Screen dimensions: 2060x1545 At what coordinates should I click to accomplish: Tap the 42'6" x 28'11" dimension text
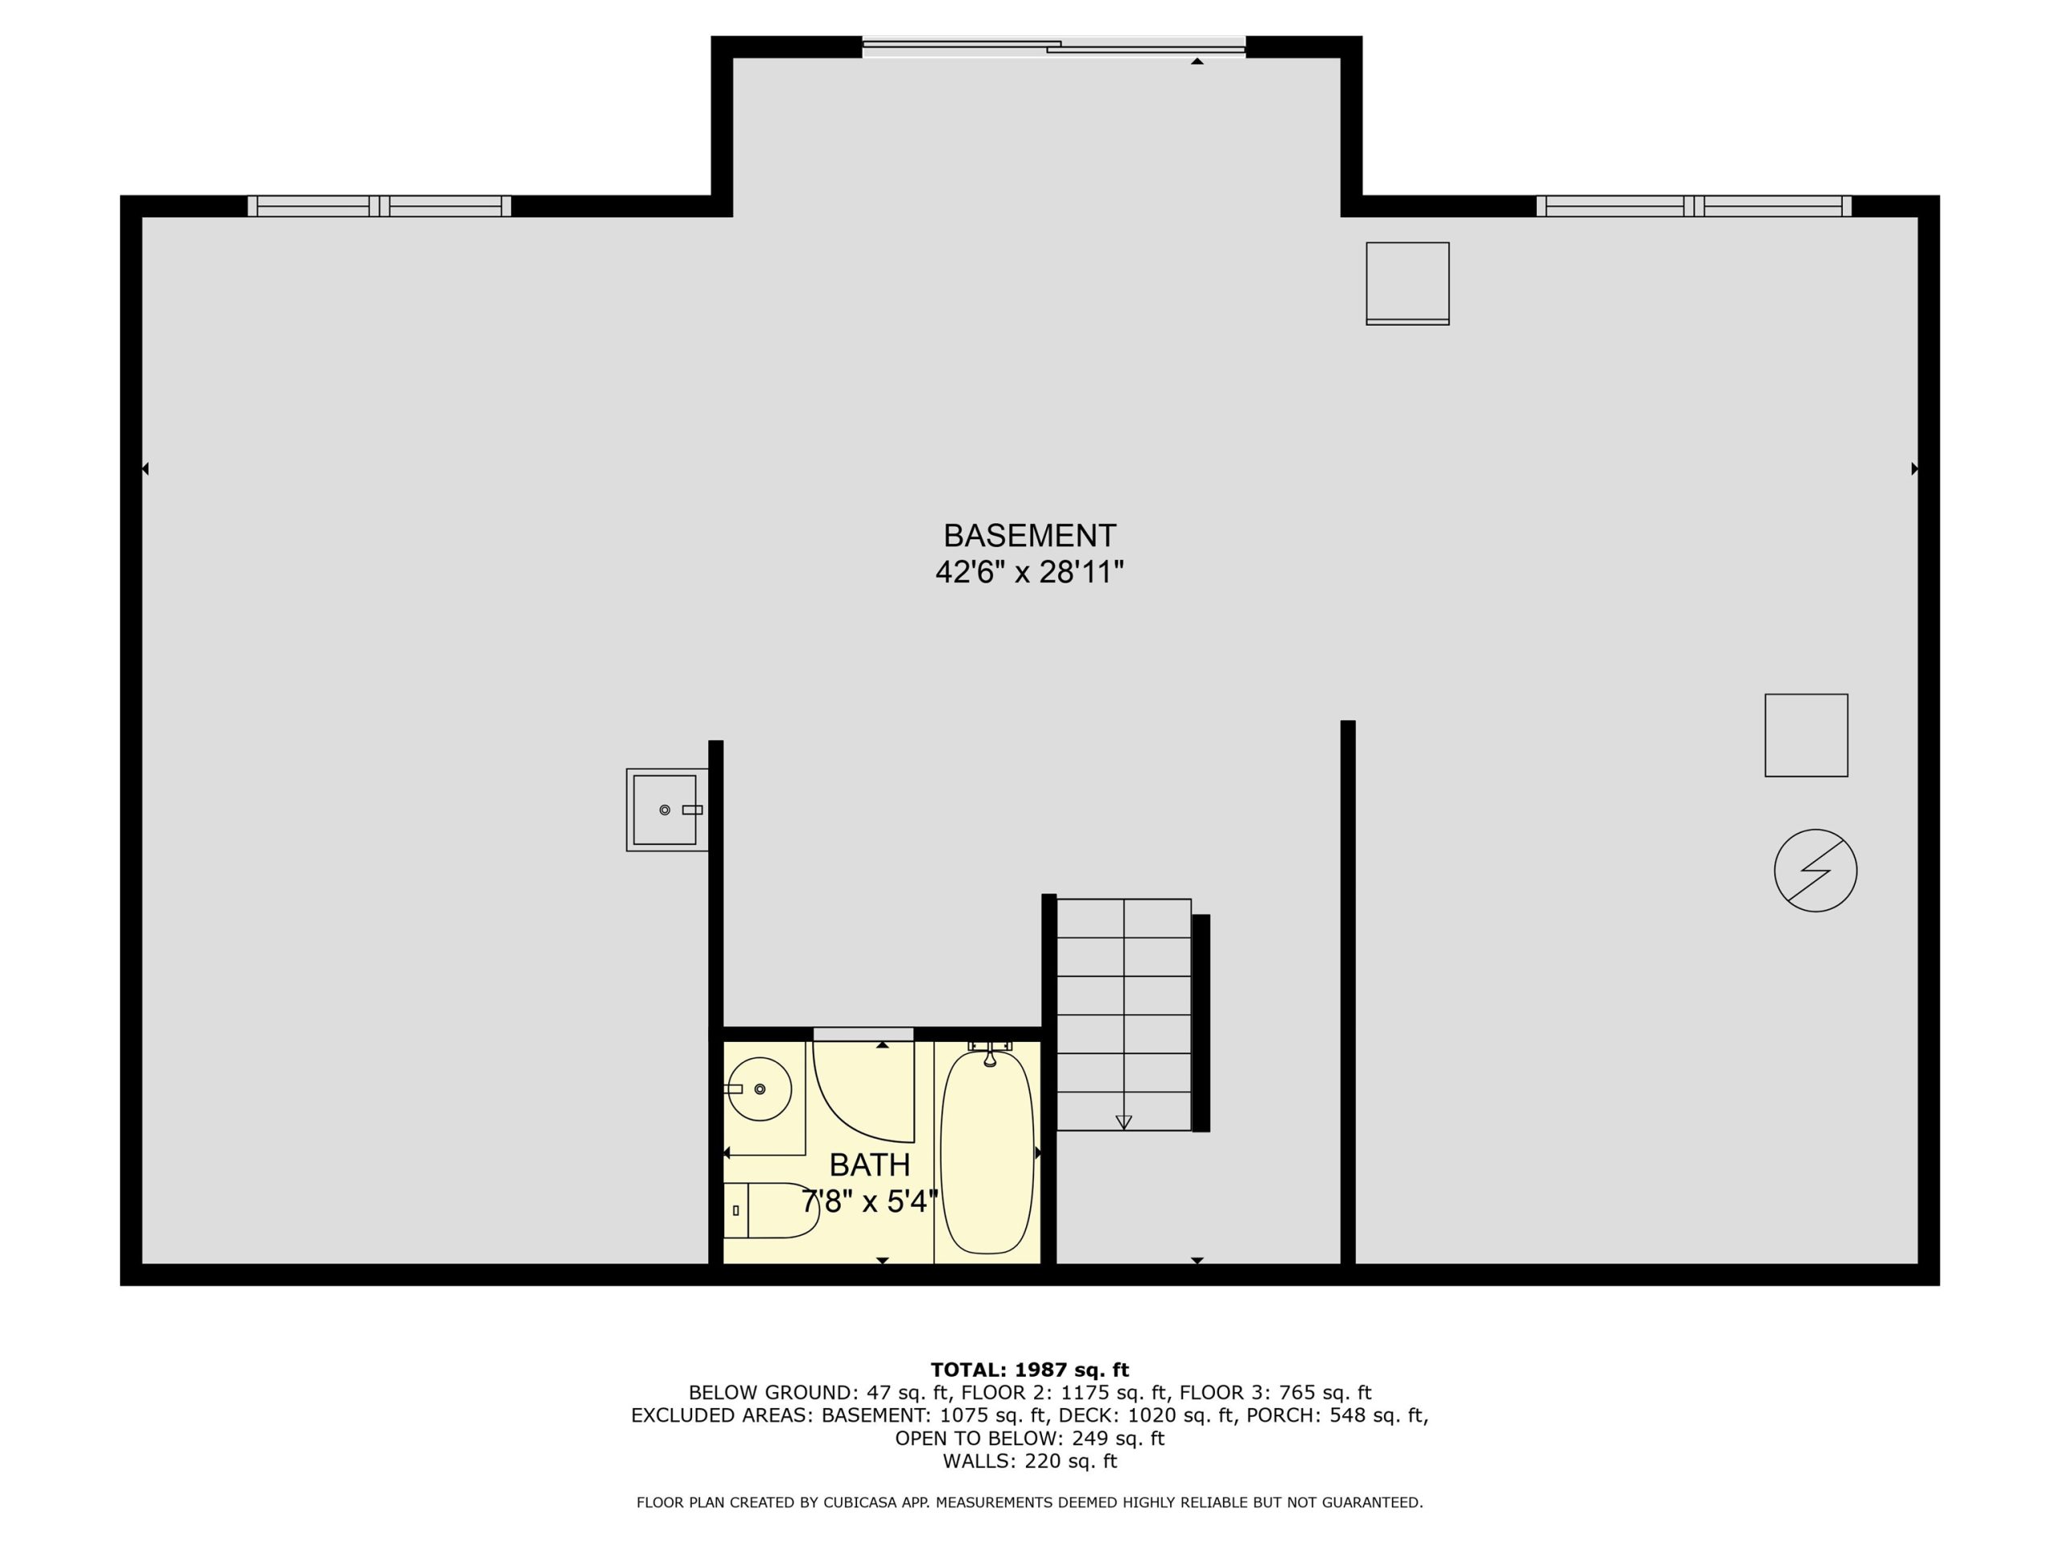point(1029,572)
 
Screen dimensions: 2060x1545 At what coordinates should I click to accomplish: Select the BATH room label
point(870,1165)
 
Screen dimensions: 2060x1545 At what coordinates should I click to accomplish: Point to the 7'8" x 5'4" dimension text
point(870,1201)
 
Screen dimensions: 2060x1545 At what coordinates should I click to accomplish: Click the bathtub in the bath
point(987,1152)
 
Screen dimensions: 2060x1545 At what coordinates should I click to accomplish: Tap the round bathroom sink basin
point(760,1089)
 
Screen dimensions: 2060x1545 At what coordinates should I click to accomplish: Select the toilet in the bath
point(771,1211)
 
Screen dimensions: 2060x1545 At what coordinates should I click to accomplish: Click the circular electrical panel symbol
point(1815,870)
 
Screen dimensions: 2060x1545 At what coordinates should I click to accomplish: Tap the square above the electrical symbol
point(1806,735)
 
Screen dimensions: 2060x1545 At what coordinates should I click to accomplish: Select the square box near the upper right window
point(1407,283)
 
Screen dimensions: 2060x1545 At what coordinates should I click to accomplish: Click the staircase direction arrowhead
point(1123,1123)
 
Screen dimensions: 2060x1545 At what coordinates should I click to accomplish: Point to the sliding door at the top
point(1053,47)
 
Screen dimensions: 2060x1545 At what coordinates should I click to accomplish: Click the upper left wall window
point(379,206)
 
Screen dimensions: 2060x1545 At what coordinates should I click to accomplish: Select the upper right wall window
point(1694,206)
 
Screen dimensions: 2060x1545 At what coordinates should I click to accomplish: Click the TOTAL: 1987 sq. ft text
point(1029,1370)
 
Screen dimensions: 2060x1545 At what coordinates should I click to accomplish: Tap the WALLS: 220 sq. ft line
point(1029,1461)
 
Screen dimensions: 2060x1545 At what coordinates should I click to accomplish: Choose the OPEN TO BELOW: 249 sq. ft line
point(1029,1438)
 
